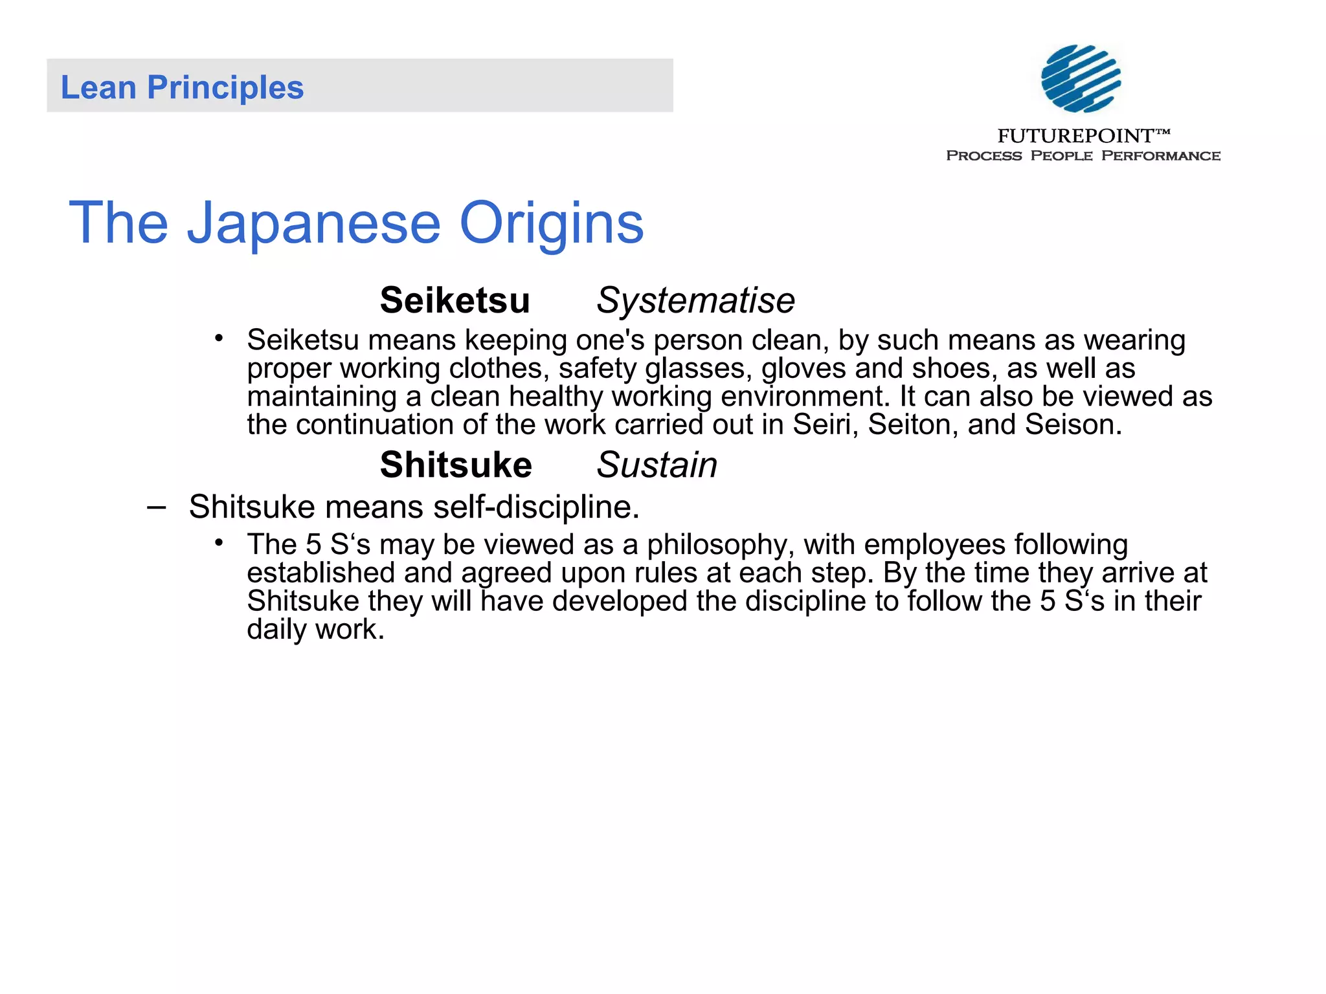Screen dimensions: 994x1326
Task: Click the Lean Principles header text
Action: (x=182, y=87)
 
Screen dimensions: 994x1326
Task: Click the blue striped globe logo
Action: (x=1081, y=78)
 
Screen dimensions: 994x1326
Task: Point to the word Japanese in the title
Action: (x=314, y=223)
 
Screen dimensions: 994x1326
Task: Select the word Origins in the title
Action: (x=552, y=223)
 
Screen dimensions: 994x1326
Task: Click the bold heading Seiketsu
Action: (x=455, y=301)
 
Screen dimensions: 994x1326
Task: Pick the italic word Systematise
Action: (x=695, y=301)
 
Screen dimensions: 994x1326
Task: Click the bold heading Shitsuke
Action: (x=456, y=465)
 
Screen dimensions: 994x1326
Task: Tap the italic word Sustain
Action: (x=657, y=465)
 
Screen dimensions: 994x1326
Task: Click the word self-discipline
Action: (x=536, y=507)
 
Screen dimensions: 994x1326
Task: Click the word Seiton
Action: (x=913, y=425)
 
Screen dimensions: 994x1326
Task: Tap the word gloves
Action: (x=803, y=369)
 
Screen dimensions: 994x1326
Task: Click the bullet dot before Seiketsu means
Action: (x=219, y=338)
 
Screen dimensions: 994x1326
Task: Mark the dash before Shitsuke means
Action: (x=156, y=507)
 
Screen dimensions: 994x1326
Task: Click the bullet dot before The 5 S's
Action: (x=219, y=542)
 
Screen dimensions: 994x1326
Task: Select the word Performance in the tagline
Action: (x=1160, y=156)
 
